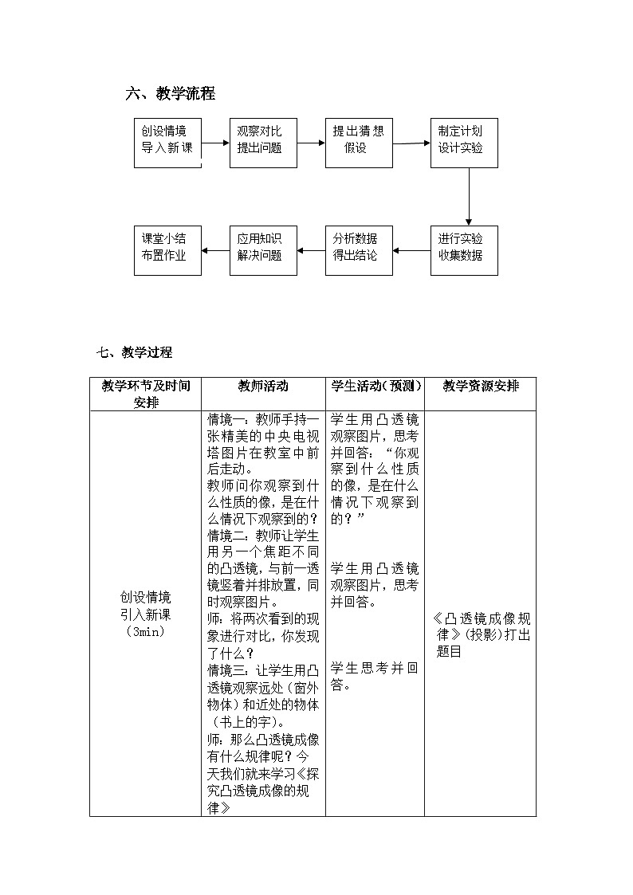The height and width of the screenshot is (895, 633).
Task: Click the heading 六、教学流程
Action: pyautogui.click(x=171, y=94)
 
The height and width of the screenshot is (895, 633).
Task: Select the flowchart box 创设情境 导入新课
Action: pyautogui.click(x=167, y=143)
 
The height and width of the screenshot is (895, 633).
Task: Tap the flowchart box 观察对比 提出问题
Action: pyautogui.click(x=263, y=143)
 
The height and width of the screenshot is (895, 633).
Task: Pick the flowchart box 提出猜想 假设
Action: pyautogui.click(x=359, y=143)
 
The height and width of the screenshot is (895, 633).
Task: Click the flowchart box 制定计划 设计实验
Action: pyautogui.click(x=464, y=143)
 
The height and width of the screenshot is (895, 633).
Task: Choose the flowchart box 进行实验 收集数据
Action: pyautogui.click(x=464, y=250)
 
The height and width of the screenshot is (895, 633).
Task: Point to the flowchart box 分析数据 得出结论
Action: pyautogui.click(x=359, y=250)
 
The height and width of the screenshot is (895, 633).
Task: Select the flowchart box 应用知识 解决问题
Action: pyautogui.click(x=263, y=250)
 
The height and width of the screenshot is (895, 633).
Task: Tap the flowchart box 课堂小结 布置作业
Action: pyautogui.click(x=167, y=250)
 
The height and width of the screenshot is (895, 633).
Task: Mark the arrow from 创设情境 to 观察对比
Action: pyautogui.click(x=215, y=144)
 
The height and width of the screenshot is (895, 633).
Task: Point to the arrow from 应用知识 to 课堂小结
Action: pyautogui.click(x=215, y=250)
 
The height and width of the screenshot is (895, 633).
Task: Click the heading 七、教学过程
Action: pyautogui.click(x=134, y=352)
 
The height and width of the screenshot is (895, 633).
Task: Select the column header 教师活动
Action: pyautogui.click(x=263, y=387)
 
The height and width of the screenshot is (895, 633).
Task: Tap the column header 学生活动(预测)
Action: pyautogui.click(x=375, y=387)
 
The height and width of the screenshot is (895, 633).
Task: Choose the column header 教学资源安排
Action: pyautogui.click(x=480, y=387)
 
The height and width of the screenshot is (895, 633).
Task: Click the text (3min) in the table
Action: pyautogui.click(x=145, y=631)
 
